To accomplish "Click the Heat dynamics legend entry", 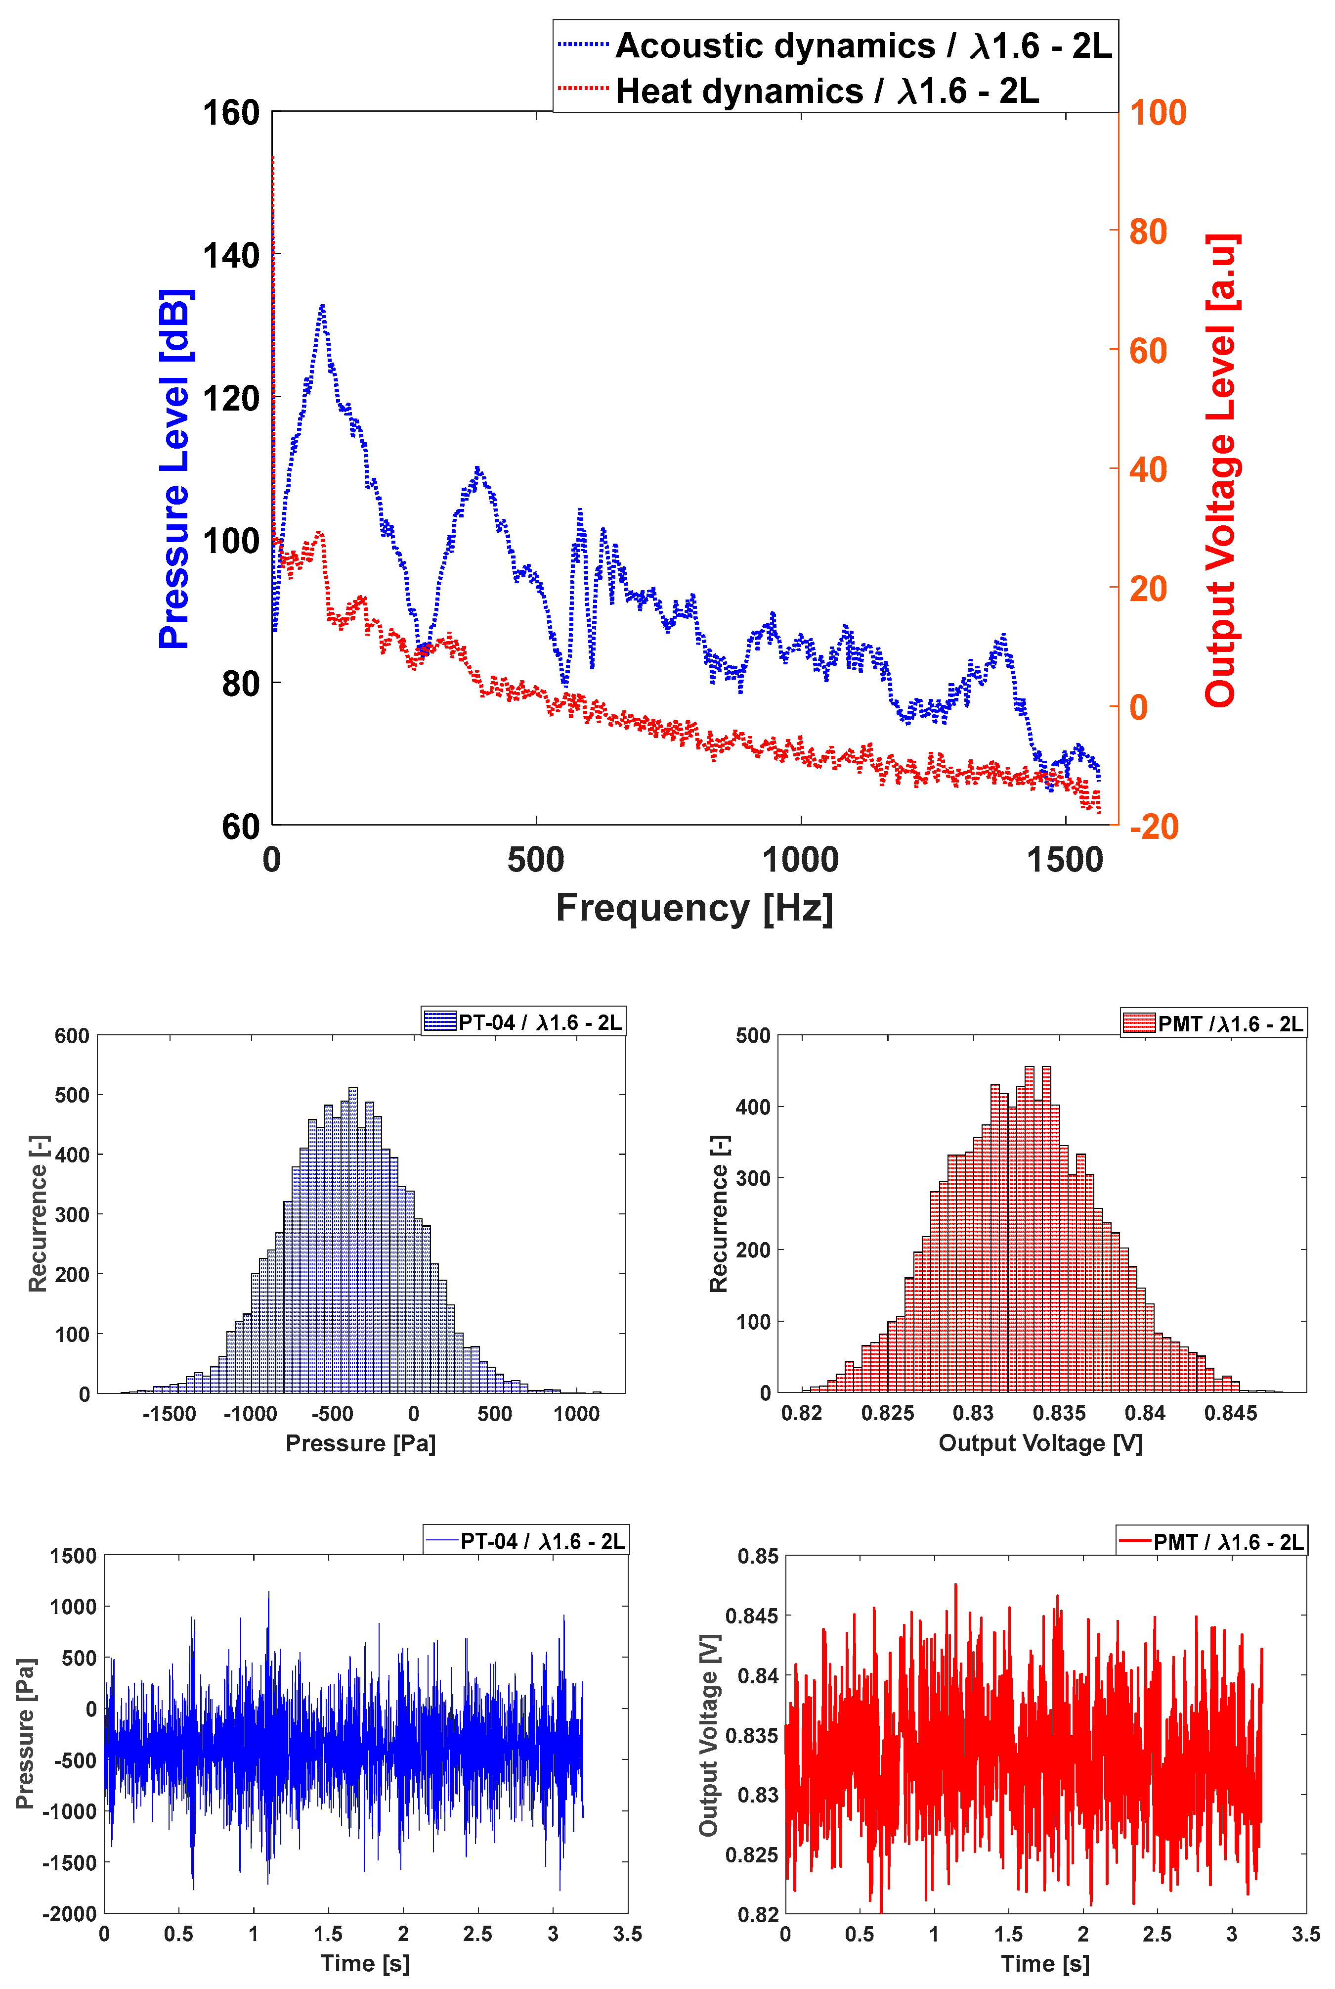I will [826, 91].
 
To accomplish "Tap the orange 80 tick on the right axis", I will [1148, 231].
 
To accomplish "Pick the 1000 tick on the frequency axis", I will [800, 860].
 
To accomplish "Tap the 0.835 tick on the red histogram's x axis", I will [1059, 1413].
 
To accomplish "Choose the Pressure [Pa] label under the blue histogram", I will [360, 1443].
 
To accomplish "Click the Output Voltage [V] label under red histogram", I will [1040, 1443].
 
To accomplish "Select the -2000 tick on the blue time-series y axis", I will [69, 1913].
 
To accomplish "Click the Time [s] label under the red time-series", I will [1045, 1963].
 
